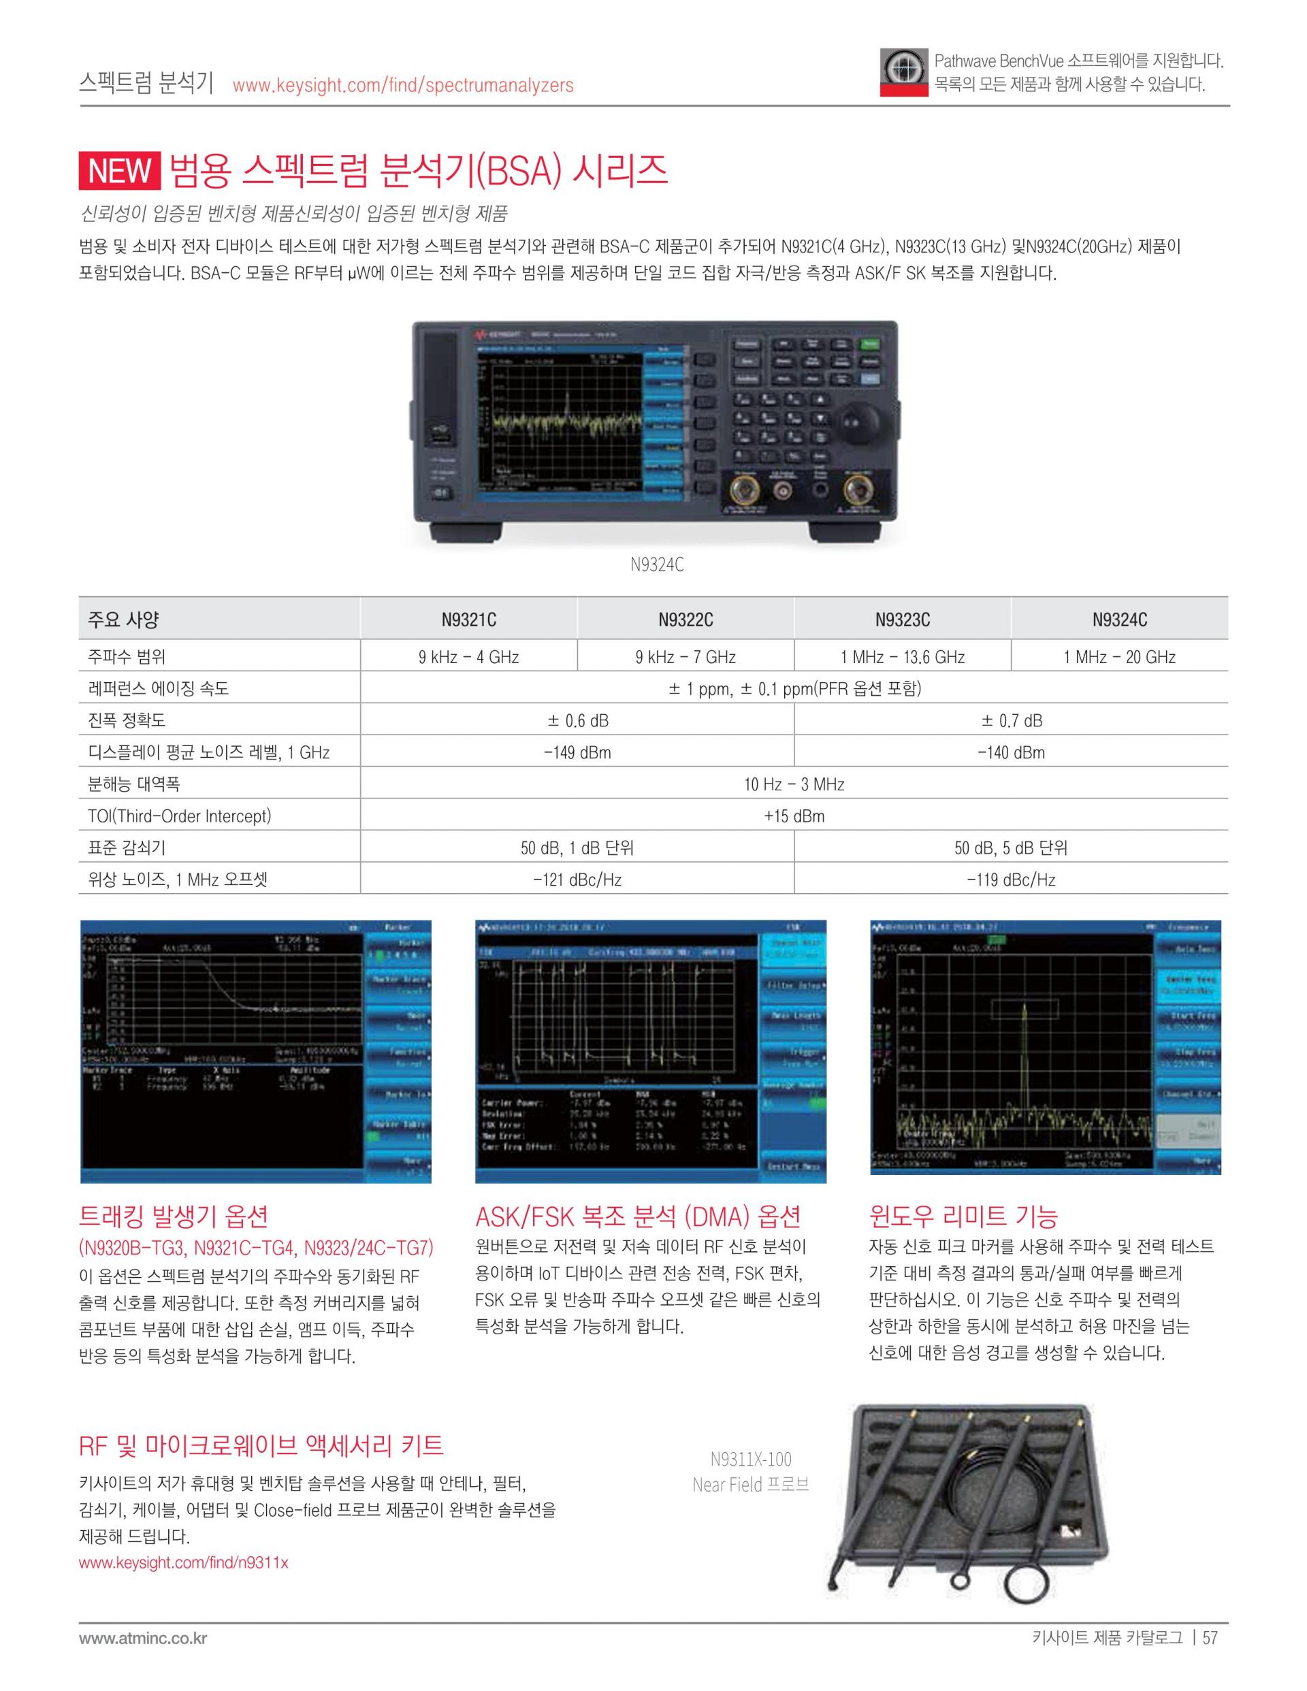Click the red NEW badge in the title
(119, 170)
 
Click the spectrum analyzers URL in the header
(402, 85)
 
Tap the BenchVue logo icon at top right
(903, 73)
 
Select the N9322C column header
(685, 619)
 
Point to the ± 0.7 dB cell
(1011, 721)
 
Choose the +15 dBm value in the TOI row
(794, 816)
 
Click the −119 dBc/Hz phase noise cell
(1011, 880)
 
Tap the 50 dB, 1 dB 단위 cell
(577, 848)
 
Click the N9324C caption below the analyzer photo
(657, 565)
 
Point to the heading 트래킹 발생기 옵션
(174, 1217)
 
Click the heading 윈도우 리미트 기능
(963, 1217)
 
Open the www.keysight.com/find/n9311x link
(184, 1562)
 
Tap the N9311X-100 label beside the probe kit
(751, 1460)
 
